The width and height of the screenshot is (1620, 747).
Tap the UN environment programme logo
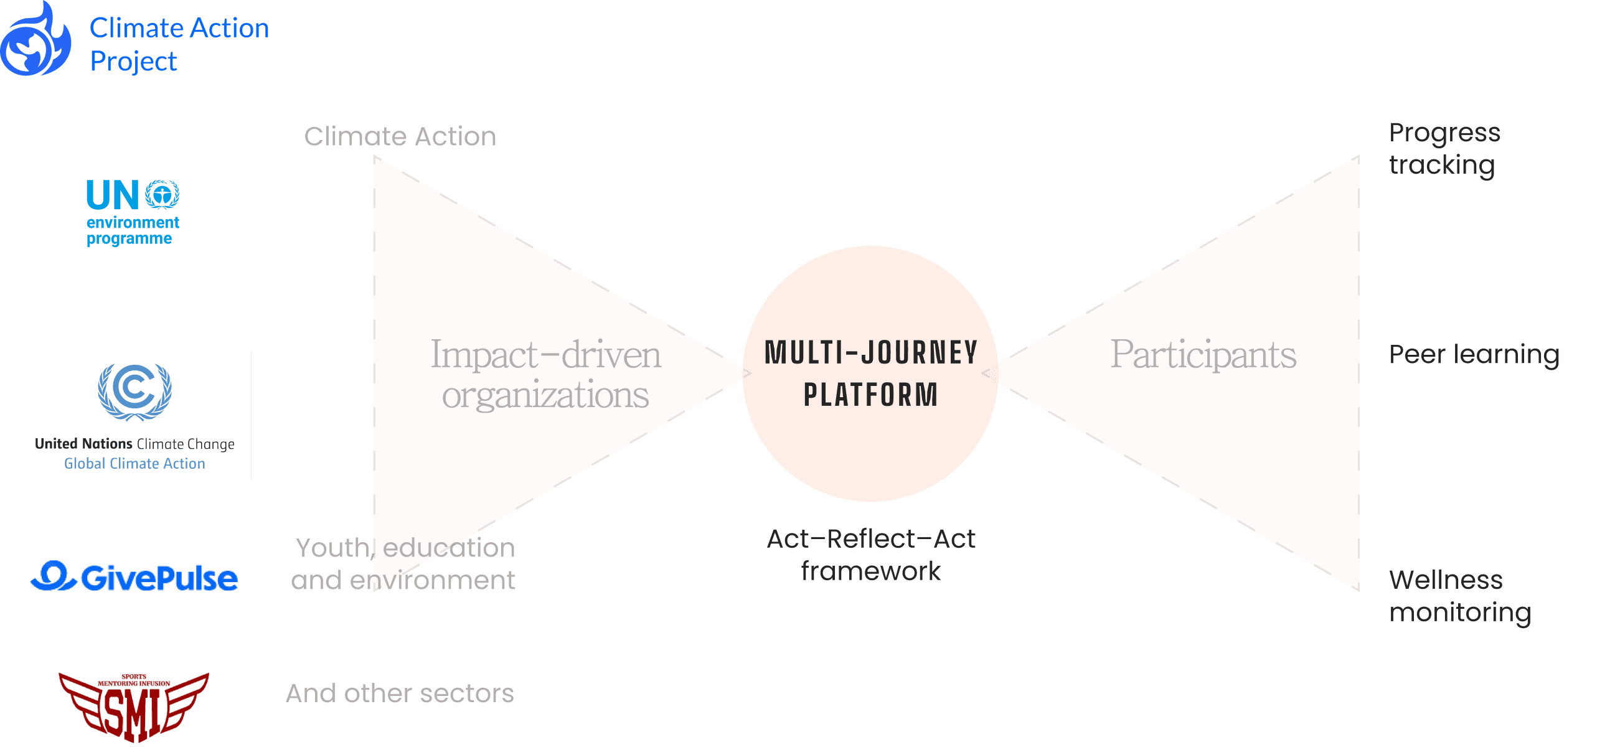pyautogui.click(x=133, y=212)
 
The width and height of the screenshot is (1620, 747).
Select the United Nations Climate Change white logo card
pyautogui.click(x=134, y=416)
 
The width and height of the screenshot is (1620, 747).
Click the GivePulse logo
pyautogui.click(x=134, y=577)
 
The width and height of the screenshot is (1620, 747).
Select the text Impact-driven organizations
pyautogui.click(x=545, y=374)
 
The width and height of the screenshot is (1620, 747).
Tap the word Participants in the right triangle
pyautogui.click(x=1202, y=355)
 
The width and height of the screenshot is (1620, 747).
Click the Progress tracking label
pyautogui.click(x=1444, y=149)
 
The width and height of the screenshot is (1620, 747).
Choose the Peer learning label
pyautogui.click(x=1474, y=355)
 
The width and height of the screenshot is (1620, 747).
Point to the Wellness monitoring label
pyautogui.click(x=1459, y=596)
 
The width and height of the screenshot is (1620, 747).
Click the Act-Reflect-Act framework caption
pyautogui.click(x=871, y=555)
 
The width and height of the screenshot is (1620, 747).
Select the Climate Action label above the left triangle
pyautogui.click(x=400, y=136)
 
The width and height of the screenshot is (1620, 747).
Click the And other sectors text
pyautogui.click(x=400, y=693)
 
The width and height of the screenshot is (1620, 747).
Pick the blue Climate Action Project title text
pyautogui.click(x=179, y=45)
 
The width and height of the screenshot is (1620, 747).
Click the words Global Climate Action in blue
pyautogui.click(x=134, y=463)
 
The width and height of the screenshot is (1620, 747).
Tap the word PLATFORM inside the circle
pyautogui.click(x=870, y=395)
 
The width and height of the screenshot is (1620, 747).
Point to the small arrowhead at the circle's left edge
pyautogui.click(x=747, y=374)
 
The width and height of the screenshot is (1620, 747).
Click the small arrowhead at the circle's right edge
pyautogui.click(x=989, y=374)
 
